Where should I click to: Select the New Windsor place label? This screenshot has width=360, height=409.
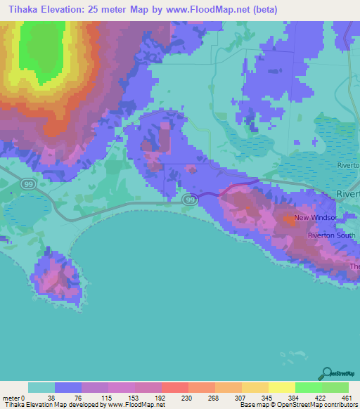pyautogui.click(x=316, y=218)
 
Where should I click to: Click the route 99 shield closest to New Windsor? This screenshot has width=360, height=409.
pyautogui.click(x=190, y=200)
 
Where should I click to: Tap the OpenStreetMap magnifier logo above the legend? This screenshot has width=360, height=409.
pyautogui.click(x=326, y=373)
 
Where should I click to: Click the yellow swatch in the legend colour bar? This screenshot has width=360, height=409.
pyautogui.click(x=281, y=387)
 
